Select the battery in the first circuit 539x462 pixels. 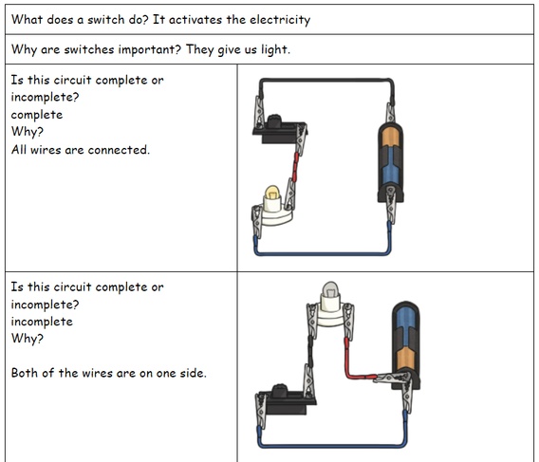tap(390, 162)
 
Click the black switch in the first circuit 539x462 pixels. tap(279, 129)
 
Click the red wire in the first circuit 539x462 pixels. tap(295, 168)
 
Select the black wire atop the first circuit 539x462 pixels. tap(325, 81)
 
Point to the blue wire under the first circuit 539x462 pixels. tap(323, 254)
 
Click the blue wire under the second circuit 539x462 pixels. tap(332, 446)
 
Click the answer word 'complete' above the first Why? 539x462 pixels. tap(37, 115)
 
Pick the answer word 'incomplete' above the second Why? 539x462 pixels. tap(42, 322)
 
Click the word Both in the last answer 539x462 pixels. tap(25, 373)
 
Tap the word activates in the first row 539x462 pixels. tap(195, 20)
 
